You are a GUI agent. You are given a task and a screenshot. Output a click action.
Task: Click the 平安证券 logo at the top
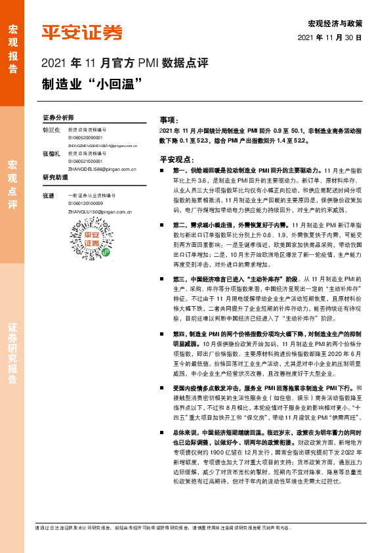pyautogui.click(x=81, y=32)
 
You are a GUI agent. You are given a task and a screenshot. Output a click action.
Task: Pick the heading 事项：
pyautogui.click(x=169, y=121)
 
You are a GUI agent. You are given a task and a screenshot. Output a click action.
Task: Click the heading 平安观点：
pyautogui.click(x=176, y=159)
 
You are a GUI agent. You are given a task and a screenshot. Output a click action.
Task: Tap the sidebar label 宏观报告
pyautogui.click(x=12, y=45)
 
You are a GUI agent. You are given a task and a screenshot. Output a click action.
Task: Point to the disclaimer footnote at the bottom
pyautogui.click(x=164, y=527)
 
